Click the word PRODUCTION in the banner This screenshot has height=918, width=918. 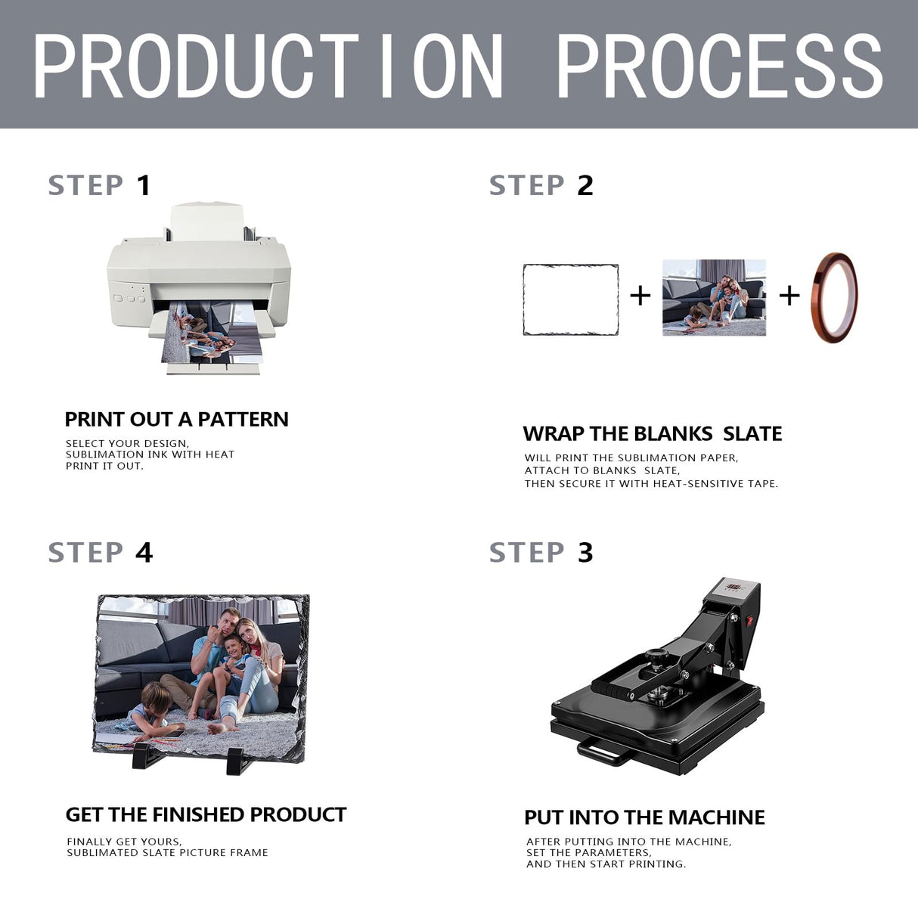coord(268,66)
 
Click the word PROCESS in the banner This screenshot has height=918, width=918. coord(719,66)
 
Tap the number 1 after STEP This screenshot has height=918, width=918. coord(144,185)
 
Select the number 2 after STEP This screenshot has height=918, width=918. coord(585,185)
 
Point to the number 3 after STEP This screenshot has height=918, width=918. coord(585,553)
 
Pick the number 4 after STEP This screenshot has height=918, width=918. coord(144,553)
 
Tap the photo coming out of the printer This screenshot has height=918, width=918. coord(212,333)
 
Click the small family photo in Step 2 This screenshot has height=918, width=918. coord(714,298)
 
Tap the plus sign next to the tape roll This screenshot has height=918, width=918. coord(789,296)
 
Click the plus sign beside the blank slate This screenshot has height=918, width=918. coord(640,296)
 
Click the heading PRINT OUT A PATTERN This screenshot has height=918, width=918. coord(177,420)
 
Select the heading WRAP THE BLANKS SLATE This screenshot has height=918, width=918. coord(653,434)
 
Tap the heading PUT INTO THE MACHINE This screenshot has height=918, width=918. coord(644,817)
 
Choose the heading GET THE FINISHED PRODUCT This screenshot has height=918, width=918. coord(206,815)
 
